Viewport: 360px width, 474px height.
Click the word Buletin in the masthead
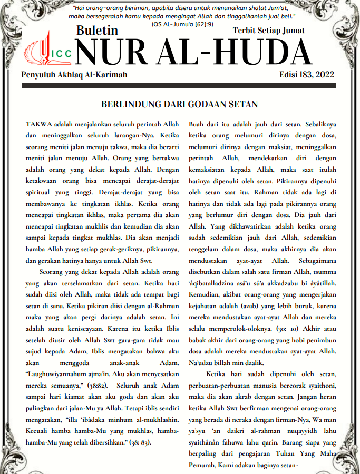pyautogui.click(x=97, y=31)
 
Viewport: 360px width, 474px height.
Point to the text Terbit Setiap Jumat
pyautogui.click(x=269, y=31)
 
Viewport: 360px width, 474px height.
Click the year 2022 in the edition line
pyautogui.click(x=323, y=75)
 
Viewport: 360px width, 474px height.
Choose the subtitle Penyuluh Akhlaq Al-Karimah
pyautogui.click(x=74, y=75)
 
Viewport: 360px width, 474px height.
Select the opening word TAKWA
pyautogui.click(x=38, y=124)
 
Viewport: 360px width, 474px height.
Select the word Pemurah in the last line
pyautogui.click(x=203, y=466)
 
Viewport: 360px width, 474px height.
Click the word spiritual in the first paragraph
pyautogui.click(x=40, y=192)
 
